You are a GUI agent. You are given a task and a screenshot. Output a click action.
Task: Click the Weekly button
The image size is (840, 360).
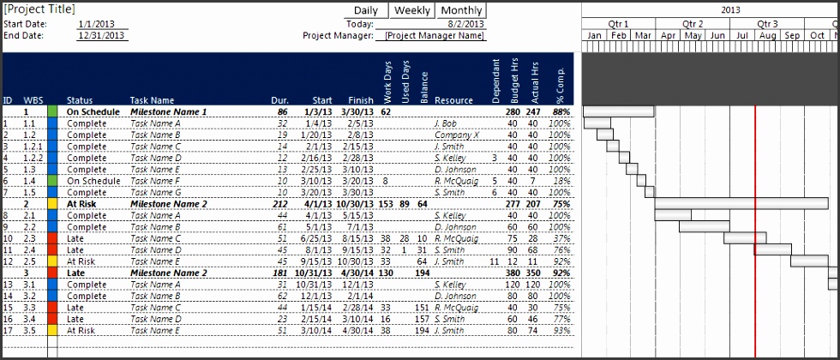coord(412,10)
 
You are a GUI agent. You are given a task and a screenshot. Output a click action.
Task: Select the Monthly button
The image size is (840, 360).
coord(461,10)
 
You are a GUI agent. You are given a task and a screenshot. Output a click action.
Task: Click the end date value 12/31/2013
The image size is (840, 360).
coord(102,36)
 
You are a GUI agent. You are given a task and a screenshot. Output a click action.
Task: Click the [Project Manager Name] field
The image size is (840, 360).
coord(434,36)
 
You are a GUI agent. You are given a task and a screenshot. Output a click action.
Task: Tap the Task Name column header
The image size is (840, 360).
coord(152,100)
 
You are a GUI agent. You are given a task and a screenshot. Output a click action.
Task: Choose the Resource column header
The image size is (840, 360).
coord(453,100)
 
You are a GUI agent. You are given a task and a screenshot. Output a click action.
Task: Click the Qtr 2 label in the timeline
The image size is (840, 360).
coord(693,23)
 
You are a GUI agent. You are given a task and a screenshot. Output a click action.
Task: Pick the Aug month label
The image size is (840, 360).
coord(768,36)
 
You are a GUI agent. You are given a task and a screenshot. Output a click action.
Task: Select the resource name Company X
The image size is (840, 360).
coord(457,135)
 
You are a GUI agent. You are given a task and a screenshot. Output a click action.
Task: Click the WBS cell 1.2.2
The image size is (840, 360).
coord(33,158)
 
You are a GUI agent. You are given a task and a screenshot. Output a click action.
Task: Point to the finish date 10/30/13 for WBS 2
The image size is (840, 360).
coord(355,204)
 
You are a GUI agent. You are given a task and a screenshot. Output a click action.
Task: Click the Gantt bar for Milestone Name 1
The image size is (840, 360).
coord(618,111)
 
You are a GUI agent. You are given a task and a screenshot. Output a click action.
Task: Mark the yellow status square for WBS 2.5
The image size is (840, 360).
coord(52,261)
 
